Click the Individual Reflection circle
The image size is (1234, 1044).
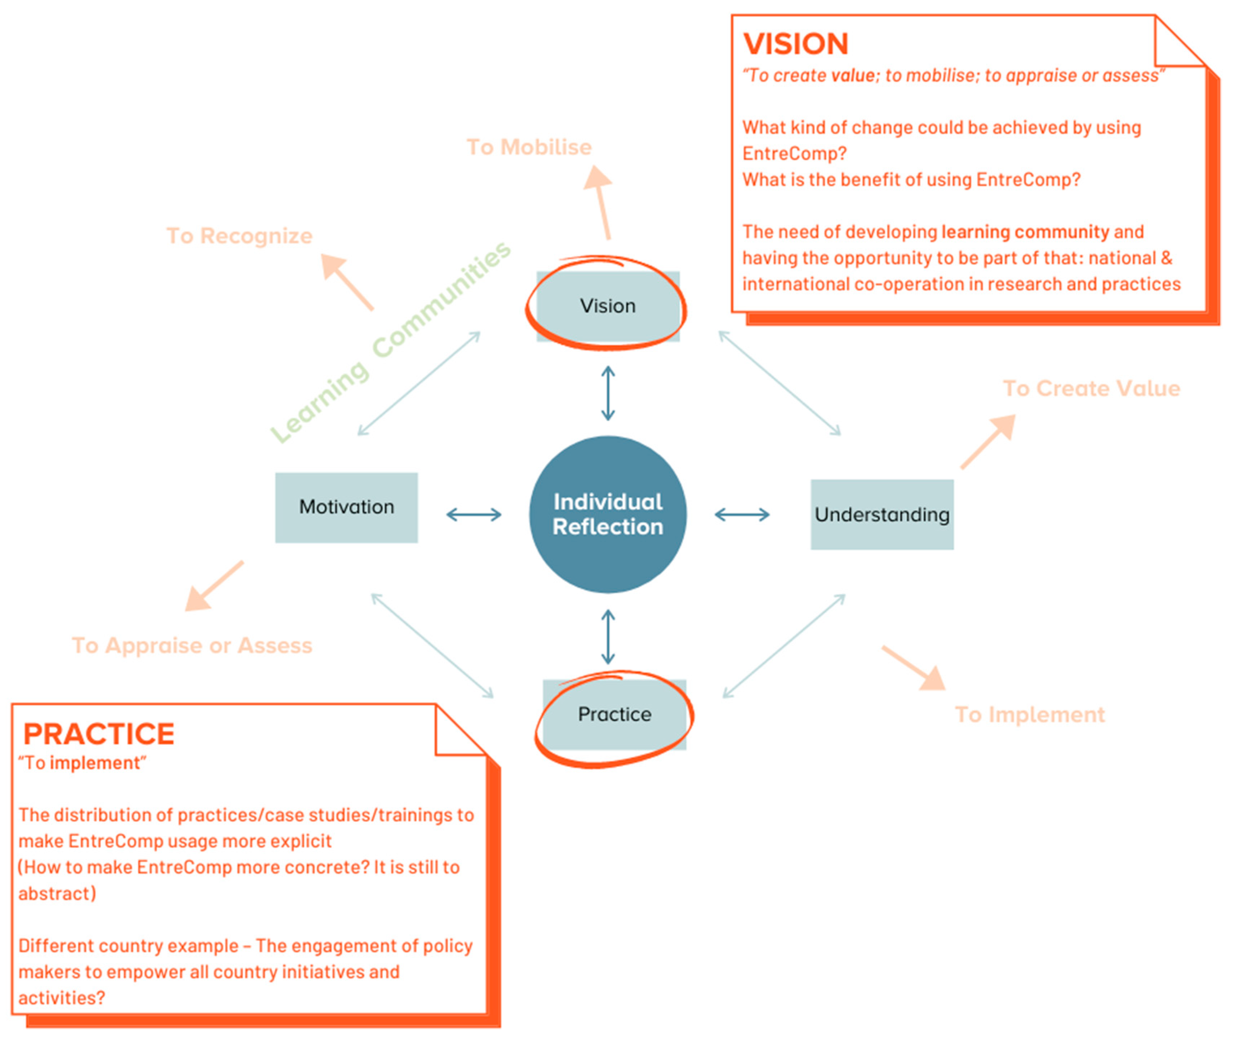608,514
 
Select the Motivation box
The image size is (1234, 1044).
346,507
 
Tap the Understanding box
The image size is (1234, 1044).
882,514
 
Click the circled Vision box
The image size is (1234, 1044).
608,306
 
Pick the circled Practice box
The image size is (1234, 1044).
614,714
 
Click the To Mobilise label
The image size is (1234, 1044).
529,147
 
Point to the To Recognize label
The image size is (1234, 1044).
239,236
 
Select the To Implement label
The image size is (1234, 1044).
1030,714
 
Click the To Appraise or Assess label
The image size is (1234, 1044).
192,645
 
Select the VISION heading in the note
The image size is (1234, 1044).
795,44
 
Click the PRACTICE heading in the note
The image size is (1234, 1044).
99,734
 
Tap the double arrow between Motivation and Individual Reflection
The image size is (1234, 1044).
474,514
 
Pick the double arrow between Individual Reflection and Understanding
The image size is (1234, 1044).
742,514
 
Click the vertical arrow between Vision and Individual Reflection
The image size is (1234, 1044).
608,393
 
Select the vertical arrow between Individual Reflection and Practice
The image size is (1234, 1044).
608,637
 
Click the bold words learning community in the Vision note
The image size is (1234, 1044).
1025,231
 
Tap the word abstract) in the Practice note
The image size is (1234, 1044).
57,893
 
